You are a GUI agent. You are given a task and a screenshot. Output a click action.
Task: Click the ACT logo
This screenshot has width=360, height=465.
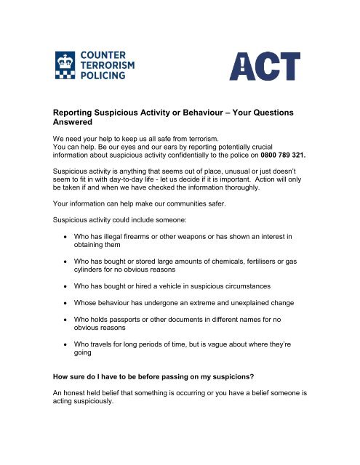(265, 67)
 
